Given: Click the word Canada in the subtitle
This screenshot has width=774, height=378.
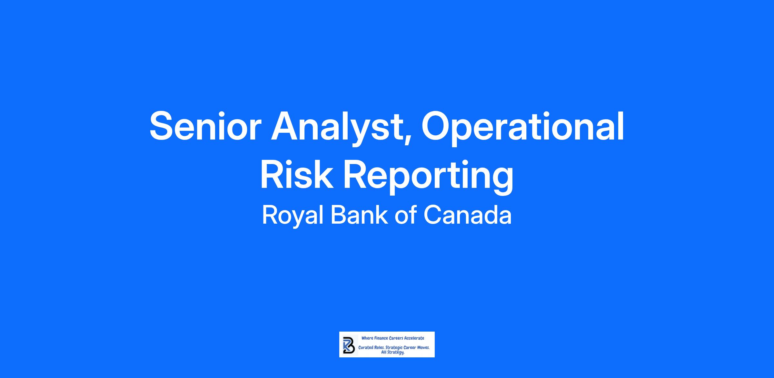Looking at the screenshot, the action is click(x=468, y=215).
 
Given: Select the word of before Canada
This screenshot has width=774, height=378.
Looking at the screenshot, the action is click(x=406, y=215).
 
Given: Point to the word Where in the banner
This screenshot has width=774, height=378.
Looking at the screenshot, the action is click(x=367, y=338).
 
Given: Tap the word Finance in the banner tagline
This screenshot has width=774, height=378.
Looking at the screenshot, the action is click(x=381, y=338).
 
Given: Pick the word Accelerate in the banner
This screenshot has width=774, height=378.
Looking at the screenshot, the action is click(x=414, y=338).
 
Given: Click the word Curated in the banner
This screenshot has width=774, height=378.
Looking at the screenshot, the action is click(x=366, y=348).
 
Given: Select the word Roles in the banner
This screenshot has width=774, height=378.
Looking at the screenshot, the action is click(x=380, y=348).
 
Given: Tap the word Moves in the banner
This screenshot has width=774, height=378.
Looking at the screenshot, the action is click(x=423, y=348).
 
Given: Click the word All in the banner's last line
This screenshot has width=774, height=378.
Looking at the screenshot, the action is click(x=384, y=352).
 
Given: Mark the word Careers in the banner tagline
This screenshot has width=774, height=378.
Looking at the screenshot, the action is click(x=396, y=338).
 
